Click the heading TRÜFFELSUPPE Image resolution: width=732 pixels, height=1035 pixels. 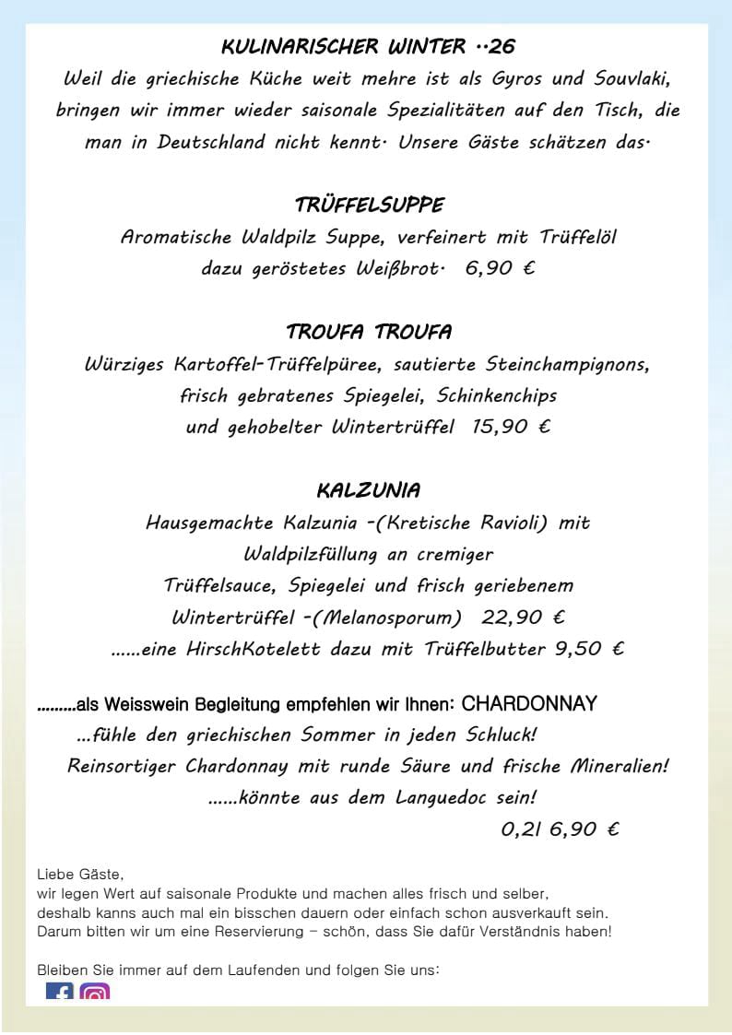tap(369, 205)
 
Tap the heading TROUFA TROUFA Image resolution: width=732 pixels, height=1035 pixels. tap(369, 332)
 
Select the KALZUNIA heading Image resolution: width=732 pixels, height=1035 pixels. tap(369, 489)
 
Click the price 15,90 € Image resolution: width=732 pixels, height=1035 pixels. tap(511, 427)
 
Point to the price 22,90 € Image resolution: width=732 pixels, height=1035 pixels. tap(524, 617)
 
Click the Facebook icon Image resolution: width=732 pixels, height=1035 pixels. tap(60, 994)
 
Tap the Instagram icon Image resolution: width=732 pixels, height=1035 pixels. tap(94, 994)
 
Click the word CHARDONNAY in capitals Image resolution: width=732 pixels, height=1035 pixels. tap(529, 704)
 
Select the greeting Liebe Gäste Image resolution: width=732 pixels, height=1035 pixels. tap(80, 874)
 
